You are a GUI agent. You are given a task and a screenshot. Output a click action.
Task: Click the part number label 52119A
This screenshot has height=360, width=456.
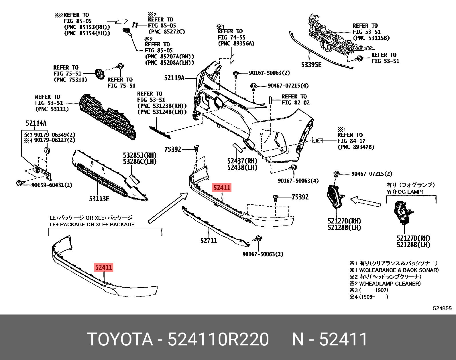[174, 78]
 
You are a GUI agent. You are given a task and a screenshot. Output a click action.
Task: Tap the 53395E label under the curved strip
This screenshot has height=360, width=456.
[311, 65]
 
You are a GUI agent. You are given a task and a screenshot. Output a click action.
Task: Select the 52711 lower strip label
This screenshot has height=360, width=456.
[209, 241]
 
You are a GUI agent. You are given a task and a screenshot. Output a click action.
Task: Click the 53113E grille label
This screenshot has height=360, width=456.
[99, 199]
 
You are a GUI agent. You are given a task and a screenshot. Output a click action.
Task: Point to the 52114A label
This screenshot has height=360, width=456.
[36, 123]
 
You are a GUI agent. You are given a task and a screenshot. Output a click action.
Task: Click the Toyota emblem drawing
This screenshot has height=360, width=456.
[100, 74]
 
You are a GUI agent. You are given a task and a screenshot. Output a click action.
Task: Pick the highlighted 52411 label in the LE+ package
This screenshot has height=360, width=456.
[104, 267]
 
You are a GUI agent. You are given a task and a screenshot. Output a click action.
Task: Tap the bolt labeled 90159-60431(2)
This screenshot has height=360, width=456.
[19, 183]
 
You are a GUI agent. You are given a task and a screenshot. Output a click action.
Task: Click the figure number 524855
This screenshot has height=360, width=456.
[442, 308]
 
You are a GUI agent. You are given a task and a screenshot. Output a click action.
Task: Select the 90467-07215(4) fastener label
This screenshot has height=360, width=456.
[288, 86]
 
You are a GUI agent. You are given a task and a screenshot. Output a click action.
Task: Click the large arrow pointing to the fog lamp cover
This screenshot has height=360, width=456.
[365, 201]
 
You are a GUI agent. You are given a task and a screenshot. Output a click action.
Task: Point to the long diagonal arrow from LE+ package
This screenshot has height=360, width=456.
[168, 207]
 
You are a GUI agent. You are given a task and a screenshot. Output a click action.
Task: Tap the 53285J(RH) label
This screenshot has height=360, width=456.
[140, 155]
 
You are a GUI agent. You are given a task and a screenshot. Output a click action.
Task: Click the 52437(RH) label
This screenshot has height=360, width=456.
[242, 161]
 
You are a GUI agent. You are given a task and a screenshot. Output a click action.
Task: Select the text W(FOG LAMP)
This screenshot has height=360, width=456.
[405, 192]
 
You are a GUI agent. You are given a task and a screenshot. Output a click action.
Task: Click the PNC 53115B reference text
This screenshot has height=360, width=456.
[371, 38]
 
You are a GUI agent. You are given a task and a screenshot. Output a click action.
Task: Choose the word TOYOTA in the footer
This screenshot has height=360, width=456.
[120, 339]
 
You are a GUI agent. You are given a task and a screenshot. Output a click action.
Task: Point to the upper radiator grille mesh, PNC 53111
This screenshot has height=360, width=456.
[109, 117]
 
